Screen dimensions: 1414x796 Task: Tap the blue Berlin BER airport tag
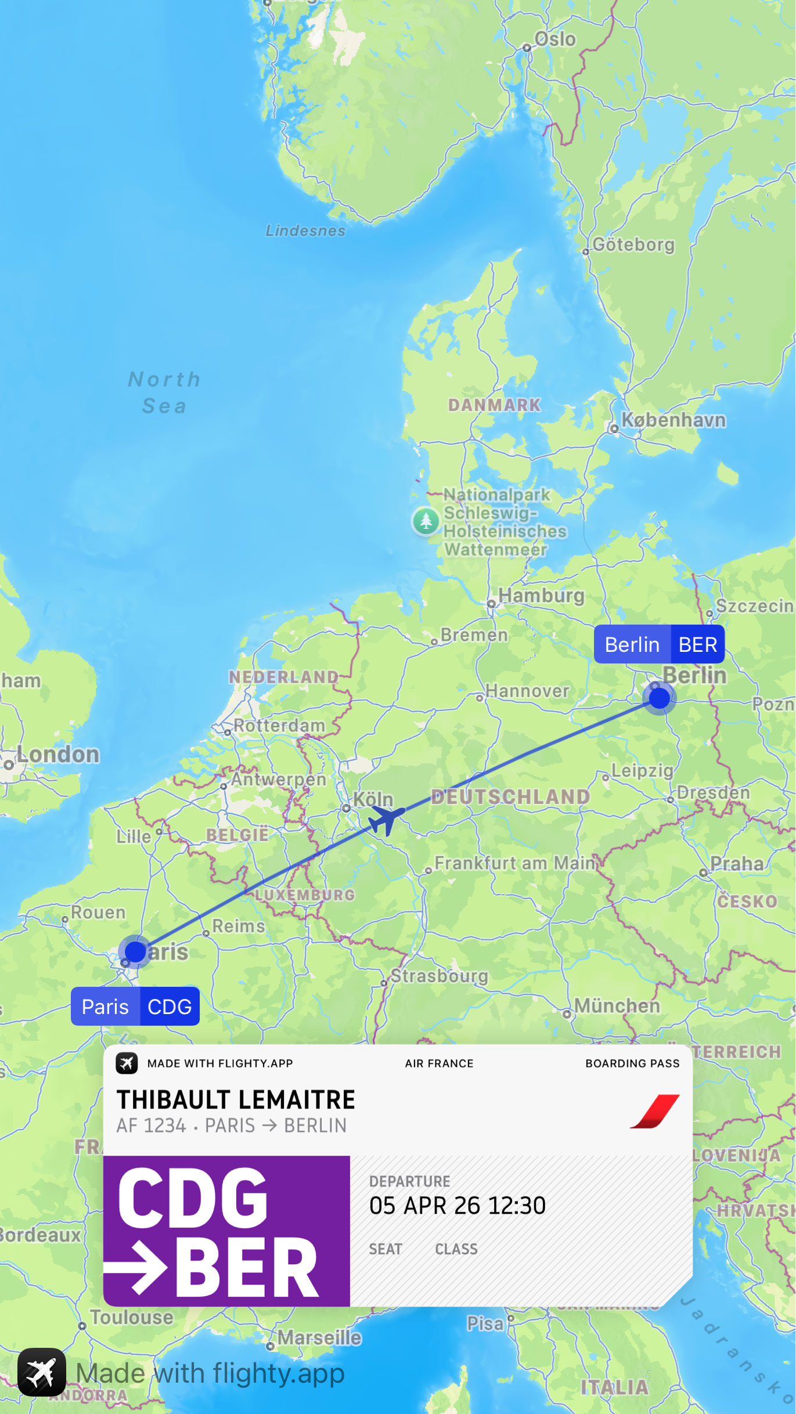coord(659,644)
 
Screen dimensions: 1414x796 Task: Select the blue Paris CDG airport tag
coord(135,1007)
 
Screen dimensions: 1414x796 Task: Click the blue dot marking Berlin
coord(659,698)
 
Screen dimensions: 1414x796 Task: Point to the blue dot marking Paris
coord(135,951)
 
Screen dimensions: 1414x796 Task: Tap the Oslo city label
coord(554,39)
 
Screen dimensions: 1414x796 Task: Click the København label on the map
coord(673,420)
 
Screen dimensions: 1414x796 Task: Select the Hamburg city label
coord(541,596)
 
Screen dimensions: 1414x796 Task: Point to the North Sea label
coord(164,392)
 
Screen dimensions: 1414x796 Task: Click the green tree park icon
coord(426,520)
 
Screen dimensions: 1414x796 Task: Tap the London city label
coord(57,755)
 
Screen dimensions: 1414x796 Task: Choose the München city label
coord(617,1006)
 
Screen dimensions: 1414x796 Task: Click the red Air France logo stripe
coord(655,1111)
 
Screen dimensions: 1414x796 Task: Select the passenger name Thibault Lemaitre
coord(236,1099)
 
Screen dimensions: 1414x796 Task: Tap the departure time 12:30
coord(517,1206)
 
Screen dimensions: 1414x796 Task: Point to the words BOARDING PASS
coord(632,1063)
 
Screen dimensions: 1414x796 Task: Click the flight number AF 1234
coord(151,1126)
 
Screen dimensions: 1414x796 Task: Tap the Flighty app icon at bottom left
coord(42,1372)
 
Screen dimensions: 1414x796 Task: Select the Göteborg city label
coord(633,245)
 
